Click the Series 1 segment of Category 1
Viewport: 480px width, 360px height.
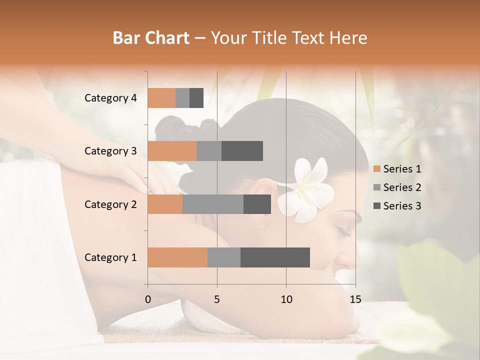pos(177,257)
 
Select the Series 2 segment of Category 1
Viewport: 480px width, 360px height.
pos(224,257)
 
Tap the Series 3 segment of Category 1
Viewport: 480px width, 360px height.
pos(275,257)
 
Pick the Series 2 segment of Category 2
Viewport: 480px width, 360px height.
pos(213,204)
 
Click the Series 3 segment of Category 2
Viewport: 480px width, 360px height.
pos(257,204)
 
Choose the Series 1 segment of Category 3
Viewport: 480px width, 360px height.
pos(172,151)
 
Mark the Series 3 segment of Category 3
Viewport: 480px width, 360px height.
pos(242,151)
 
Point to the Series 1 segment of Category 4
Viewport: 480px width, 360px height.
pos(161,98)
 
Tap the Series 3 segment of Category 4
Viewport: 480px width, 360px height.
pos(196,98)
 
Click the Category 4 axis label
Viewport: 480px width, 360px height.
pos(110,98)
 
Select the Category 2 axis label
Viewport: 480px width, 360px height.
pos(110,204)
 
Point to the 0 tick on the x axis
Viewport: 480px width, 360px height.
pos(148,299)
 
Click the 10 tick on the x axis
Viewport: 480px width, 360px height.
pos(286,299)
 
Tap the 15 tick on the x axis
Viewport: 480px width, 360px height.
pos(355,299)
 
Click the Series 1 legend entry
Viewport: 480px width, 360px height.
pos(397,169)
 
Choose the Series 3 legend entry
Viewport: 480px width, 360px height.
pos(397,206)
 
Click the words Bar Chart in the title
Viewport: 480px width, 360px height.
pos(151,38)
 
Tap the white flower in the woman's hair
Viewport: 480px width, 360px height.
pos(306,190)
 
